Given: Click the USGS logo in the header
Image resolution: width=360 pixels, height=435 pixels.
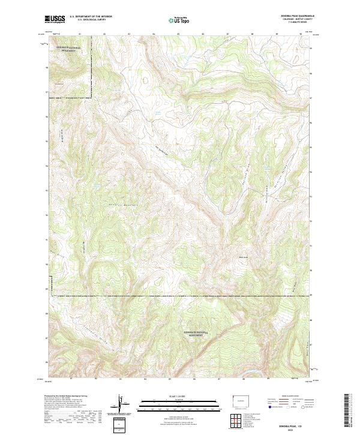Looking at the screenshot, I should coord(55,19).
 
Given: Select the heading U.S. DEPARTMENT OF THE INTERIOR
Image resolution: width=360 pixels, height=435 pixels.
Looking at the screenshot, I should coord(91,17).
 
